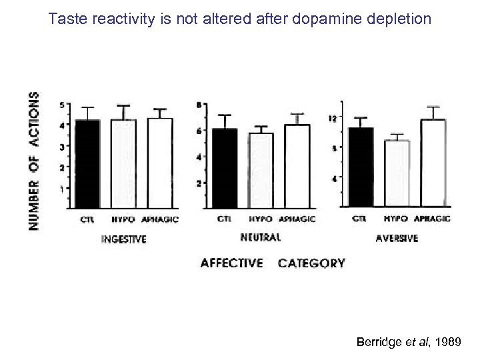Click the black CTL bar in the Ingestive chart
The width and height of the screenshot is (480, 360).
pos(87,163)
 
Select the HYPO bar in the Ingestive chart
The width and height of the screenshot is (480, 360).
pos(123,163)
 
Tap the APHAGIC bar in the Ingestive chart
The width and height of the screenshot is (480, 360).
pos(160,163)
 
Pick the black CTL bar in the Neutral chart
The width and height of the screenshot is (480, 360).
pos(224,167)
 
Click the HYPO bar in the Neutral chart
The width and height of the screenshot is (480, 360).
pos(261,169)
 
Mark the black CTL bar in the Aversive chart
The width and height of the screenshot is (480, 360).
pos(361,167)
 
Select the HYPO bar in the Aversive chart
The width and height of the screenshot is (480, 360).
pos(397,173)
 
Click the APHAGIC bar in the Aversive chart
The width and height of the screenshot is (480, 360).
pos(432,163)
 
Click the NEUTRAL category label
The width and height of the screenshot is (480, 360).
pos(259,237)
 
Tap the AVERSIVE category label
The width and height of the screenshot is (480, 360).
pos(396,238)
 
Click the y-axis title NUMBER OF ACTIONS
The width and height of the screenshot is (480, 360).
pos(33,161)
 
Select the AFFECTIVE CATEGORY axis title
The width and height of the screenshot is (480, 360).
pos(273,263)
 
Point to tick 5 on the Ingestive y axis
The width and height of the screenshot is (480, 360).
pos(61,105)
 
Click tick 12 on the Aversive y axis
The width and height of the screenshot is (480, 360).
pos(333,118)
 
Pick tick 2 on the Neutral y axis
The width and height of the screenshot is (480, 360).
pos(198,183)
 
